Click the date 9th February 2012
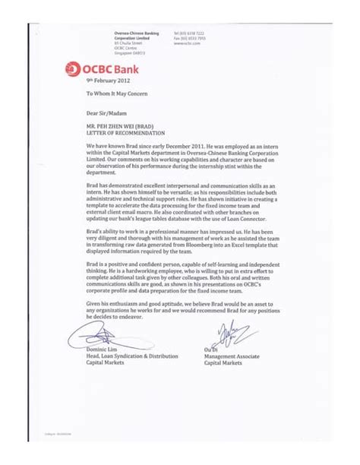click(x=103, y=80)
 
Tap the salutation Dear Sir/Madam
click(x=105, y=115)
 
